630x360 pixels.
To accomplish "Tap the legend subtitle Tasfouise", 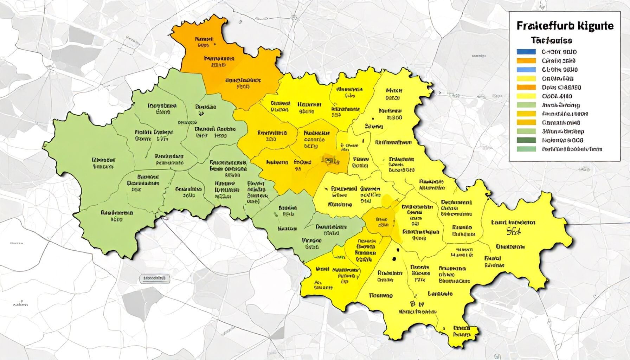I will point(551,40).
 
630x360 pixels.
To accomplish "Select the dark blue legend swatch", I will point(526,52).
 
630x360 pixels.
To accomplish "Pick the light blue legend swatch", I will point(526,69).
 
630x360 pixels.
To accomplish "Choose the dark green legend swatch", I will point(526,140).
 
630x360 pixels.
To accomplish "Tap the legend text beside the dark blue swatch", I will point(559,52).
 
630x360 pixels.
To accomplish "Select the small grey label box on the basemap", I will point(154,279).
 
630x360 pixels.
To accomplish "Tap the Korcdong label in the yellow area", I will point(340,204).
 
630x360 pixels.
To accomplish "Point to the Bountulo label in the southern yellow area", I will point(440,294).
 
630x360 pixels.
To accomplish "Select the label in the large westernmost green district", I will point(103,163).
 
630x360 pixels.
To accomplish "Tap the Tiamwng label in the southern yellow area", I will point(381,295).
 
